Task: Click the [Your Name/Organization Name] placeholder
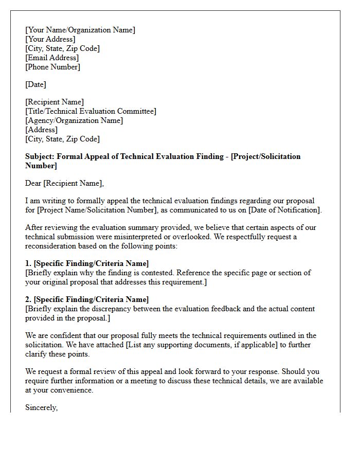click(x=80, y=30)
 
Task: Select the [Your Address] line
click(x=50, y=39)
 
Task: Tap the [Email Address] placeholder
click(x=52, y=58)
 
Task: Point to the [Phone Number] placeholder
click(x=52, y=67)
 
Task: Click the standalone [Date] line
click(x=35, y=84)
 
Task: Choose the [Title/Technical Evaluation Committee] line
click(x=91, y=111)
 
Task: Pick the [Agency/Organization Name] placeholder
click(x=74, y=120)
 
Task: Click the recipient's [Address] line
click(x=42, y=130)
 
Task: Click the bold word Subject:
click(x=40, y=156)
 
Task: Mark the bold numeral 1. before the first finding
click(x=29, y=263)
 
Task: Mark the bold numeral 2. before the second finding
click(x=29, y=299)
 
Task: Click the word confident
click(x=61, y=335)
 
